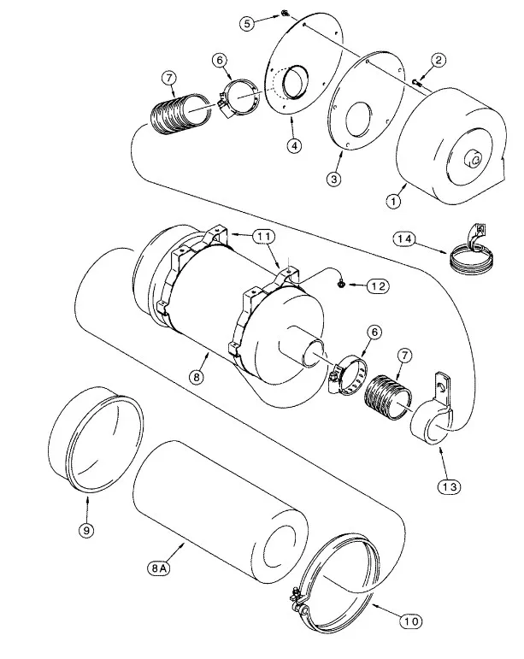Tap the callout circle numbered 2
pyautogui.click(x=438, y=60)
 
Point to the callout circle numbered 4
pyautogui.click(x=293, y=146)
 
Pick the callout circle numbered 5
pyautogui.click(x=247, y=24)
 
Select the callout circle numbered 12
pyautogui.click(x=375, y=286)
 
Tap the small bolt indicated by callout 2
pyautogui.click(x=415, y=81)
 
